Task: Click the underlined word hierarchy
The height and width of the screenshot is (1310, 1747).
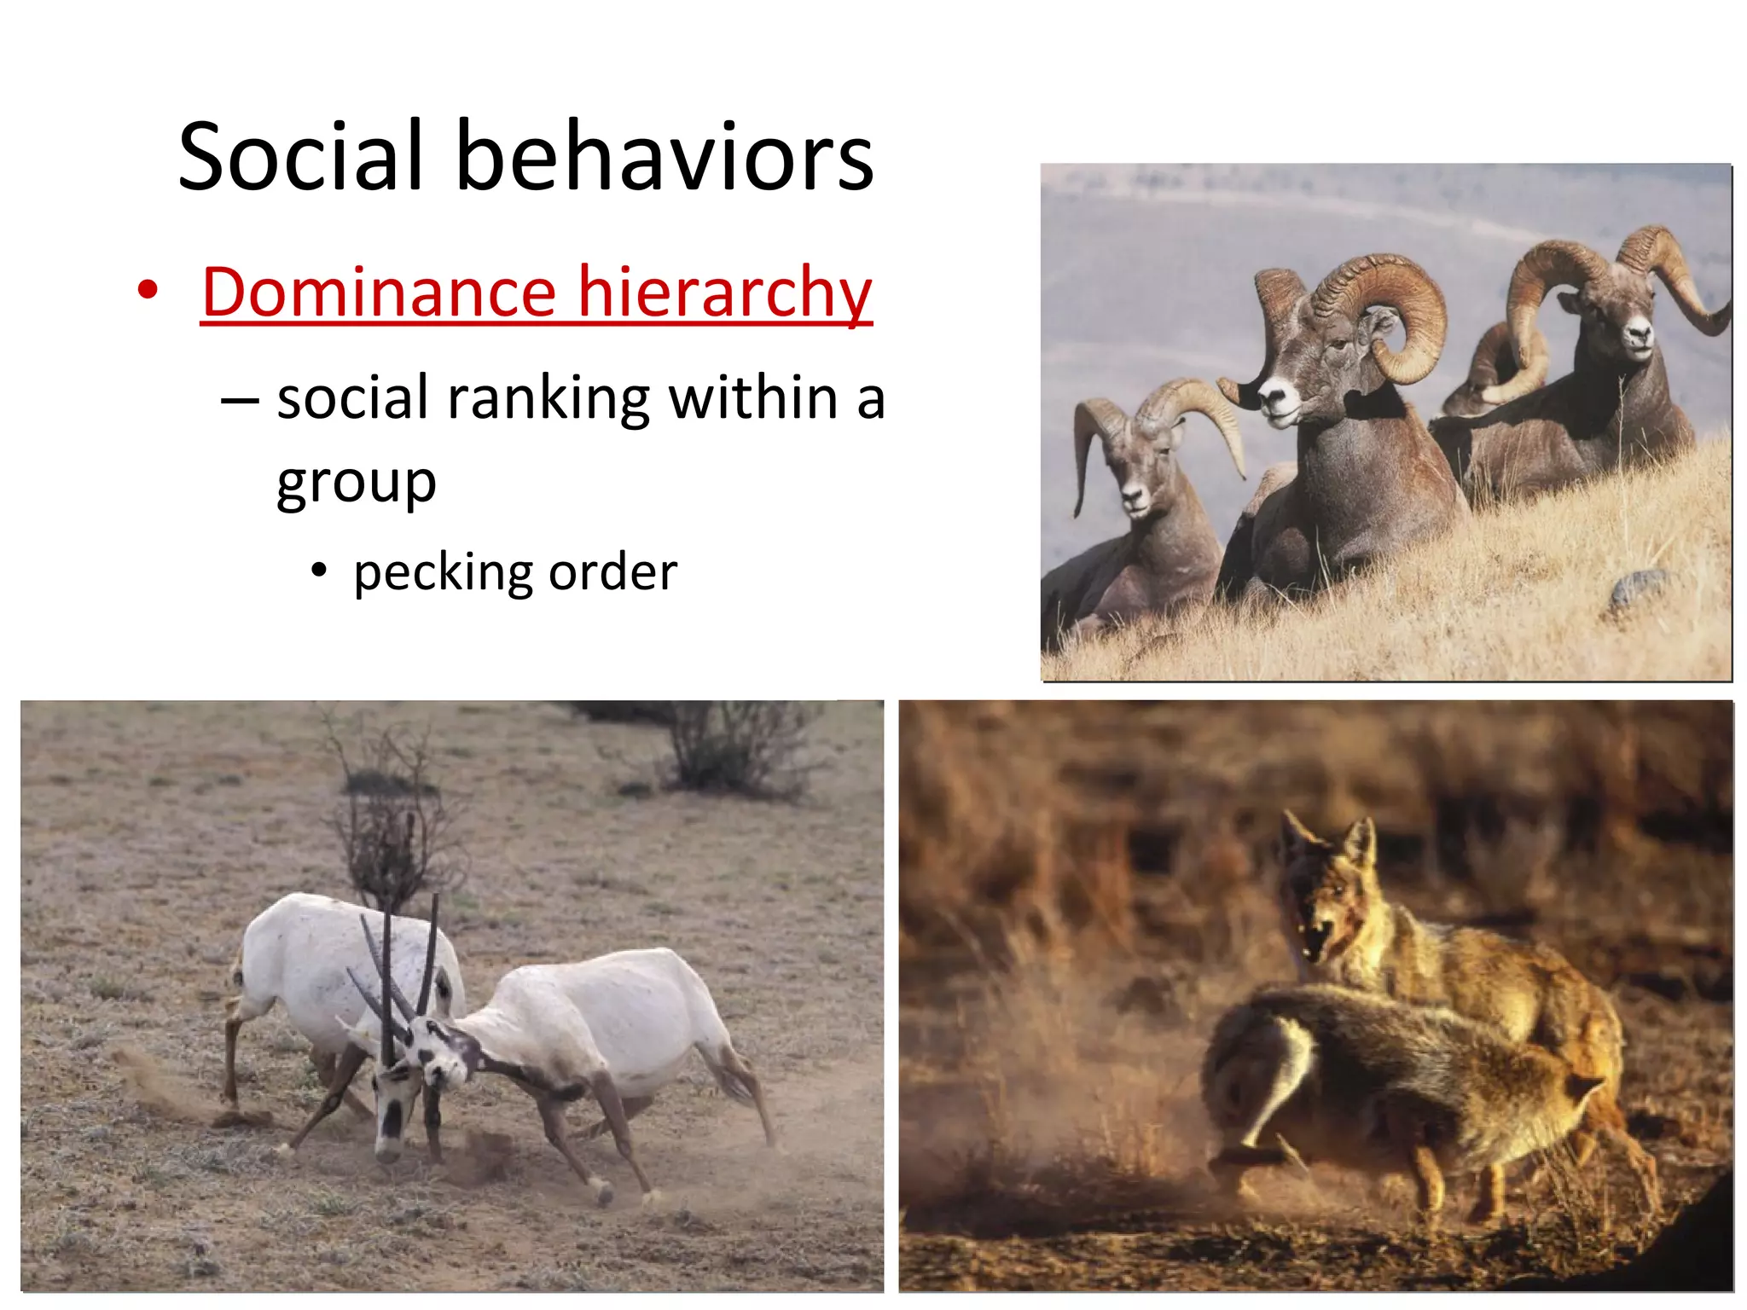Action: [x=725, y=294]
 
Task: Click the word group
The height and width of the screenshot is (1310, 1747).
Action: [x=357, y=484]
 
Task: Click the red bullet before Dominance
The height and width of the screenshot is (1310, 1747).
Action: [x=148, y=291]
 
